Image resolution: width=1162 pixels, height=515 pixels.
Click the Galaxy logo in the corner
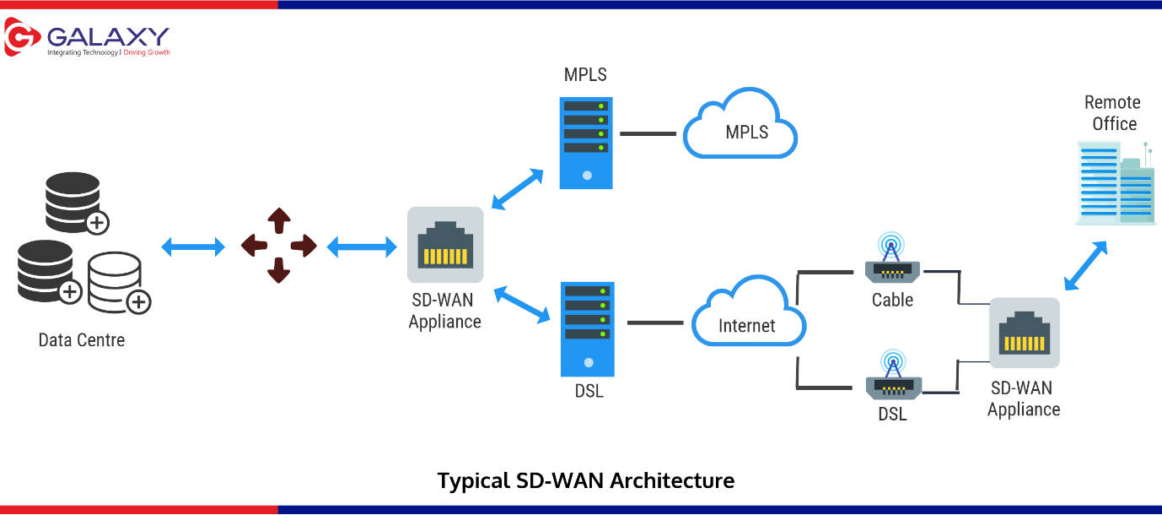(87, 40)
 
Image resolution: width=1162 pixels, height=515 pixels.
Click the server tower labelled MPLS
(586, 142)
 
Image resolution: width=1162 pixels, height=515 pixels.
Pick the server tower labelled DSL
(588, 328)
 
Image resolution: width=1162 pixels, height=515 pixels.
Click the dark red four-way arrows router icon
(278, 246)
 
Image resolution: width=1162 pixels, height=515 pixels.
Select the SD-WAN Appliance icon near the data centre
(445, 245)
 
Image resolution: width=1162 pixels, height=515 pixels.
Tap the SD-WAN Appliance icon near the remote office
(1024, 333)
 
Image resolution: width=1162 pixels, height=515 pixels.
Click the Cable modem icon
(893, 262)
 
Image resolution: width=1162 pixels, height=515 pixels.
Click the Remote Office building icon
(1114, 182)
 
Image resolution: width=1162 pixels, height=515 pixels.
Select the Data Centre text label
(82, 340)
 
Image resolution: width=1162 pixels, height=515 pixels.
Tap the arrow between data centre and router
(193, 247)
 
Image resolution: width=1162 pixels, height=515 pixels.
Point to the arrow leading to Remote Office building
(1085, 265)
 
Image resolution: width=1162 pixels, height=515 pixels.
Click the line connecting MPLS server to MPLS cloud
(648, 133)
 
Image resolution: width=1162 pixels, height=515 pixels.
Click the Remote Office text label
(1111, 113)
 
